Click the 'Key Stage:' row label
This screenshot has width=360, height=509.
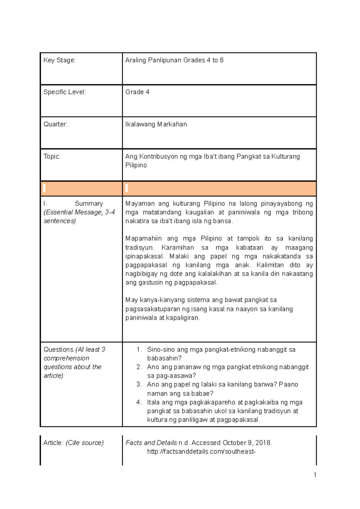(59, 60)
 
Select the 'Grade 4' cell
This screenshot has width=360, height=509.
(137, 92)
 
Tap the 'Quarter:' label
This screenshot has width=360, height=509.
(55, 124)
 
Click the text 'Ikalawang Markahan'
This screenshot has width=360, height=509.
(156, 124)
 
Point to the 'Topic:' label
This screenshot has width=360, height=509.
(52, 156)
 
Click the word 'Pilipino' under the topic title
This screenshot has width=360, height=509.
(136, 165)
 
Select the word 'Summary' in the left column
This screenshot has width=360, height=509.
(88, 203)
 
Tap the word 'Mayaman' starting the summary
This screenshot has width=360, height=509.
(139, 204)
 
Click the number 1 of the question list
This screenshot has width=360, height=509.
(138, 349)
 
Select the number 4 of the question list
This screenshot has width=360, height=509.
(138, 402)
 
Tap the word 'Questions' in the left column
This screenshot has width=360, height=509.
(58, 349)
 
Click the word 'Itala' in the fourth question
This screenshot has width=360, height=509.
(153, 402)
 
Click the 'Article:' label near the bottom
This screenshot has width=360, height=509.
(53, 443)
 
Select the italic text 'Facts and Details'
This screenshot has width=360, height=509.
(151, 443)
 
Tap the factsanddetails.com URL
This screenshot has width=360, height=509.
(201, 452)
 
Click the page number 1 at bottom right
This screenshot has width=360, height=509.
(315, 475)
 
